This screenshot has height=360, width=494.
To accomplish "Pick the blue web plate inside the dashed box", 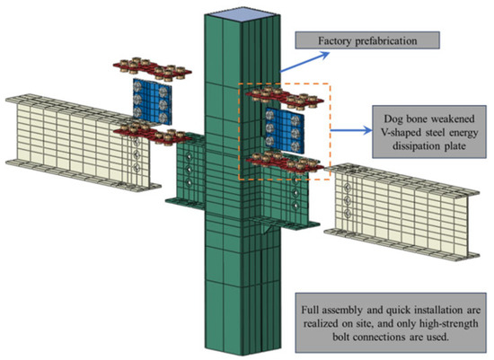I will pos(284,127).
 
